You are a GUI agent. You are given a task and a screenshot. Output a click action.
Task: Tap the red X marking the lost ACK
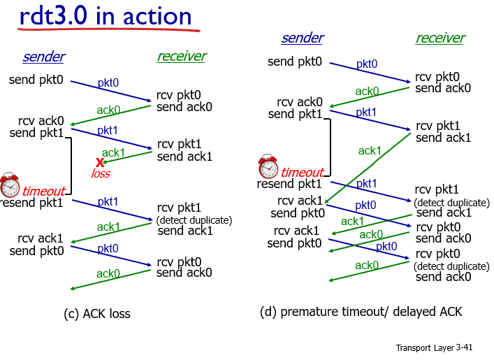tap(100, 162)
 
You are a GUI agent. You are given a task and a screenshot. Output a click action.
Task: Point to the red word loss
tap(101, 173)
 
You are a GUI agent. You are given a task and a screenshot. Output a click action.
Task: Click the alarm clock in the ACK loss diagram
tap(10, 185)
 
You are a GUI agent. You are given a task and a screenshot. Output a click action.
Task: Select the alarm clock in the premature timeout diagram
tap(268, 167)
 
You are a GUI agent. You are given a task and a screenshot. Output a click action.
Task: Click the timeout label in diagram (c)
tap(43, 191)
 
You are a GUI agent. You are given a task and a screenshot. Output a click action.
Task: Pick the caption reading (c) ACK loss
tap(96, 314)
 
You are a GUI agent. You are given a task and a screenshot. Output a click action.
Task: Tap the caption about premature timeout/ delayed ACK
tap(361, 311)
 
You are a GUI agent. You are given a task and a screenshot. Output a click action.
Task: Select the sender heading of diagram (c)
tap(43, 57)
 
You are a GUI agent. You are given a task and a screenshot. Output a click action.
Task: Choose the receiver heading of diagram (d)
tap(440, 38)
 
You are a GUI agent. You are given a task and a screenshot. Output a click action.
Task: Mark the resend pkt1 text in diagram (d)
tap(289, 184)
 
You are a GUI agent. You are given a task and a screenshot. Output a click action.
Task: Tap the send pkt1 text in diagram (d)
tap(296, 114)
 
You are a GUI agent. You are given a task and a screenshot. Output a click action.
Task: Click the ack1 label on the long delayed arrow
tap(370, 150)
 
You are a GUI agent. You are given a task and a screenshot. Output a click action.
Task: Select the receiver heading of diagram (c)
tap(182, 57)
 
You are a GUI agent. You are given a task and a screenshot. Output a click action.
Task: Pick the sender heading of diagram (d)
tap(302, 38)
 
